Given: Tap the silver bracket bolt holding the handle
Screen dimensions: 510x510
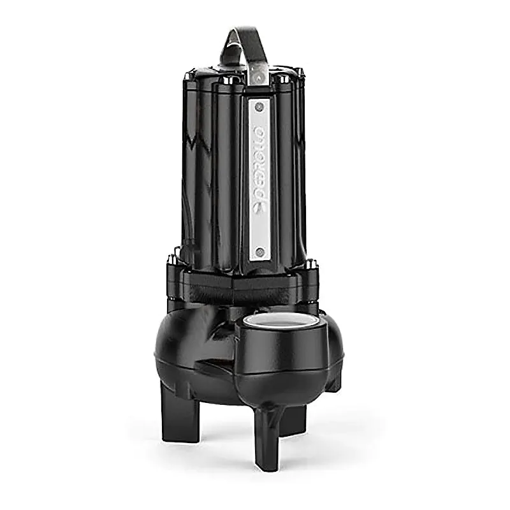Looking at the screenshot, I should coord(259,78).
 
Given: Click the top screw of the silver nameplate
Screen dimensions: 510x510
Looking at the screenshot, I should coord(259,106).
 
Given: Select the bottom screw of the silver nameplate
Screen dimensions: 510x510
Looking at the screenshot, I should coord(259,253).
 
